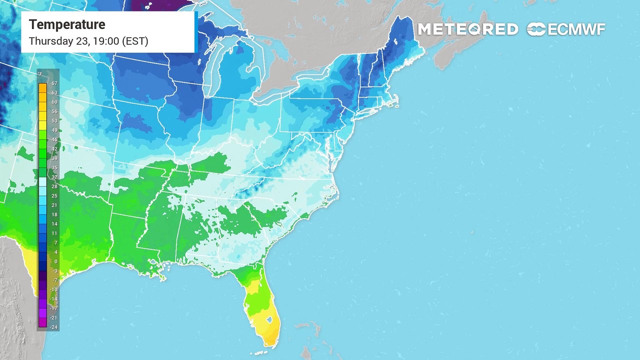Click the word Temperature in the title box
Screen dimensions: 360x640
(x=67, y=24)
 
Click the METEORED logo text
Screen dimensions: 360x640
(x=467, y=29)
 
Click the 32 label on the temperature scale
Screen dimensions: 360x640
(x=54, y=176)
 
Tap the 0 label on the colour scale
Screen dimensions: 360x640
(x=55, y=261)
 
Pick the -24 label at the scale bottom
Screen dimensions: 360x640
(x=53, y=327)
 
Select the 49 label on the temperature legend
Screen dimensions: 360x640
(x=54, y=130)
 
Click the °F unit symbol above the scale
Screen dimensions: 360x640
(x=40, y=75)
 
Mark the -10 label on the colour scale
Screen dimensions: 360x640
(x=53, y=289)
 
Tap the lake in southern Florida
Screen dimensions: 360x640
(x=269, y=318)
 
